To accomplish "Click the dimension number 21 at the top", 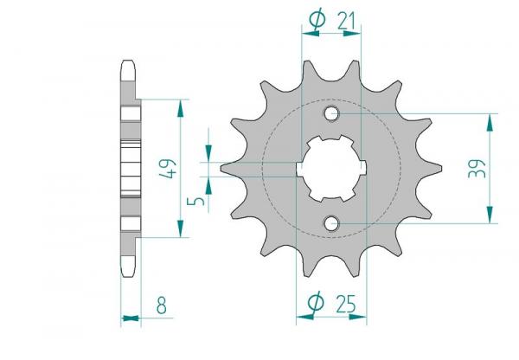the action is tap(346, 21).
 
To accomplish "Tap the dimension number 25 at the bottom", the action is tap(346, 304).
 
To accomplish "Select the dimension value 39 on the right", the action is tap(477, 169).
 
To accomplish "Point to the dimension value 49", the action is tap(168, 169).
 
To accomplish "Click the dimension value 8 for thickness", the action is tap(162, 305).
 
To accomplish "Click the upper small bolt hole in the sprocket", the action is tap(331, 113).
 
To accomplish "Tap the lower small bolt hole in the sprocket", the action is tap(331, 223).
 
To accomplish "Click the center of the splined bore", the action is tap(331, 169).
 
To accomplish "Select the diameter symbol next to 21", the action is tap(317, 20).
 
